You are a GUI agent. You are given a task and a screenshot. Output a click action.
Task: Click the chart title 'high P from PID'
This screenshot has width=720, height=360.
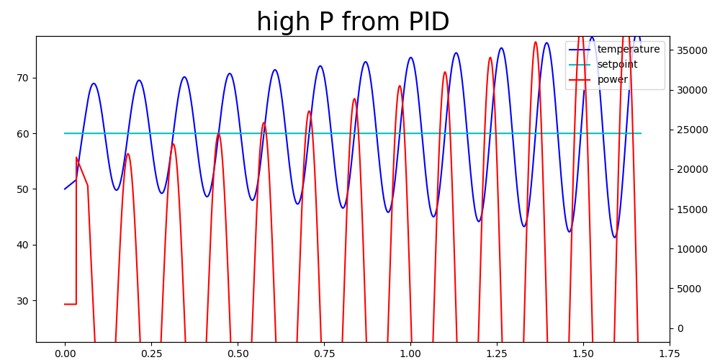tap(353, 22)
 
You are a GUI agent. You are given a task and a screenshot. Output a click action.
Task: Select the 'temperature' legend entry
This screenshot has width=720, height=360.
tap(614, 49)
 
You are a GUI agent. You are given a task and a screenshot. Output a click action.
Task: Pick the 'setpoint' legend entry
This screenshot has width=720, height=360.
tap(603, 64)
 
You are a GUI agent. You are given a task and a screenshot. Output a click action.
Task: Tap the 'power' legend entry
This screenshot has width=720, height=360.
tap(599, 79)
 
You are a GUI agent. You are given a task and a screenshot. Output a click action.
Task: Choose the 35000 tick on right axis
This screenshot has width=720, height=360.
tap(690, 50)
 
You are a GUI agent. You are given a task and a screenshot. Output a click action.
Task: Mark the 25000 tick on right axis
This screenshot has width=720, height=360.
tap(690, 130)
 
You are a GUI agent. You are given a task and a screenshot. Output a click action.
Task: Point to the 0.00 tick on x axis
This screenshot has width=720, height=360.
tap(65, 353)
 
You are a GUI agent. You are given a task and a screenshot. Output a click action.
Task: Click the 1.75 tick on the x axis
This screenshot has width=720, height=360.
tap(670, 353)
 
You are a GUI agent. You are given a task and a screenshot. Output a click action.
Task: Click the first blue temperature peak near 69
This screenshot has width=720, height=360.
tap(94, 84)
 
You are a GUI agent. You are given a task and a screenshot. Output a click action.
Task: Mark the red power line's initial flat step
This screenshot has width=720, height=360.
tap(71, 304)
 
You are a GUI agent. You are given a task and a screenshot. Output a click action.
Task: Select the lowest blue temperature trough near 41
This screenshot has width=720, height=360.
tap(615, 237)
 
